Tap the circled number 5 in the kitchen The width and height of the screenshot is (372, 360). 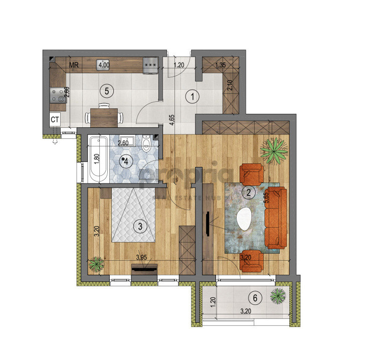(105, 91)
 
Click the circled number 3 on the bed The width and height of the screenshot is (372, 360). (140, 226)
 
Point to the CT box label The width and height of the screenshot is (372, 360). (55, 120)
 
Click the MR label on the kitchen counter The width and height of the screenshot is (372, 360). (74, 65)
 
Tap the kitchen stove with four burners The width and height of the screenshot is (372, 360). (58, 95)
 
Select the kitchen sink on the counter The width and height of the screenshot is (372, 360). (104, 65)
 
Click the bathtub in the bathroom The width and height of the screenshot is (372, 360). (98, 158)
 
